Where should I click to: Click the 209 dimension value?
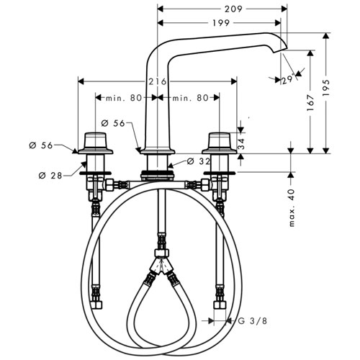(233, 9)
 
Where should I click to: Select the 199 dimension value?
(221, 23)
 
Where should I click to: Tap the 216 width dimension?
(157, 81)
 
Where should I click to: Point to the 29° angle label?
(288, 80)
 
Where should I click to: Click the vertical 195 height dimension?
(326, 88)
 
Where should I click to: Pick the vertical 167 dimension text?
(310, 103)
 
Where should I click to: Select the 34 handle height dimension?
(241, 144)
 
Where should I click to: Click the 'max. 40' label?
(292, 208)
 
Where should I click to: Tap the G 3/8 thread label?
(253, 320)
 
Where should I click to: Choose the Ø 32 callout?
(199, 161)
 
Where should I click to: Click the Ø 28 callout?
(50, 176)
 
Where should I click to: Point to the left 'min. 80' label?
(124, 98)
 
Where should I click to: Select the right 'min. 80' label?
(190, 98)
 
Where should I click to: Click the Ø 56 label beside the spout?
(113, 123)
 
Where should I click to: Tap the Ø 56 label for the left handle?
(41, 145)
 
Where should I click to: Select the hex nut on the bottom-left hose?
(96, 305)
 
